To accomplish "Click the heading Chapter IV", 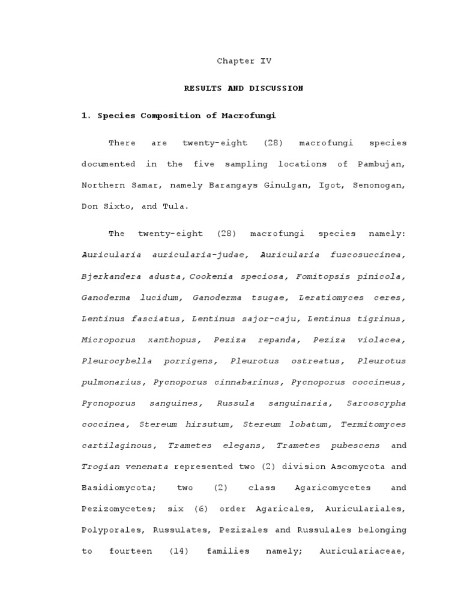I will (244, 61).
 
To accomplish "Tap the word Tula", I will (176, 206).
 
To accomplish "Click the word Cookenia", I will (212, 276).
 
